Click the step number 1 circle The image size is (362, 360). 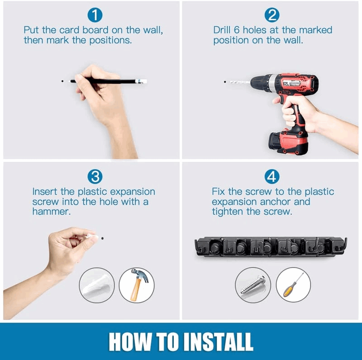coord(95,15)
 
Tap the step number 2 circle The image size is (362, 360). coord(272,15)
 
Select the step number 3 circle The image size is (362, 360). coord(95,176)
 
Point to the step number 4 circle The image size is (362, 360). coord(272,176)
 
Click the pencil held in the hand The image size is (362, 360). coord(109,81)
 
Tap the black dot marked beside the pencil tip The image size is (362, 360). coord(62,81)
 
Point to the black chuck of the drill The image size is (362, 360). coord(259,83)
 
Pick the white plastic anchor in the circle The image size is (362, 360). coord(97,286)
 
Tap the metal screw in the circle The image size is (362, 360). coord(253,285)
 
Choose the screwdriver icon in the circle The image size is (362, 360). coord(293,285)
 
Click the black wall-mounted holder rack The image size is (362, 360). coord(271,247)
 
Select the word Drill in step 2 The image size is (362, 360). coord(222,30)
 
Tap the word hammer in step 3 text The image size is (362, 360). coord(51,212)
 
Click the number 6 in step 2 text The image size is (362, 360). coord(237,30)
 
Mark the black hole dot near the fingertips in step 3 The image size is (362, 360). coord(102,238)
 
